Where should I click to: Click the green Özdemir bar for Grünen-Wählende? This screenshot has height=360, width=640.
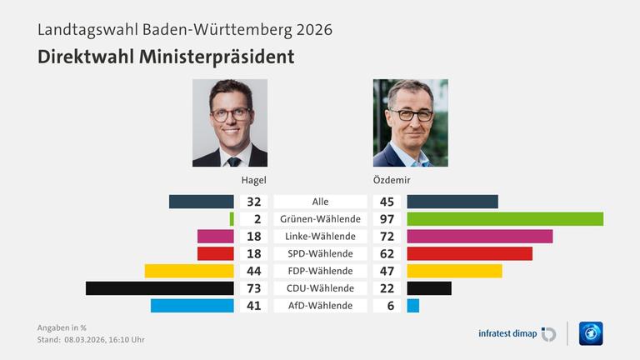pyautogui.click(x=505, y=219)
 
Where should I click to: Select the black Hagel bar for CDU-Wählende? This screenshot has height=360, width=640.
pyautogui.click(x=159, y=288)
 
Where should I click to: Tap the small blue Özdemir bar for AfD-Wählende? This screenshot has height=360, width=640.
pyautogui.click(x=412, y=306)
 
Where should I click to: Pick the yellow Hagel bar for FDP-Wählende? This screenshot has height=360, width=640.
pyautogui.click(x=189, y=271)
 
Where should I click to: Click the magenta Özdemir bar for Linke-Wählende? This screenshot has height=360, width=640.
pyautogui.click(x=479, y=237)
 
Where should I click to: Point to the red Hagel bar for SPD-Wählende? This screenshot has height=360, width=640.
pyautogui.click(x=215, y=253)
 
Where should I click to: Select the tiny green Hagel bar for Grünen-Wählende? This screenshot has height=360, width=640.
pyautogui.click(x=232, y=219)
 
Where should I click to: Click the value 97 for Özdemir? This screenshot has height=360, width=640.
pyautogui.click(x=387, y=219)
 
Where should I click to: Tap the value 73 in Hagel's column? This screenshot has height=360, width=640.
pyautogui.click(x=254, y=288)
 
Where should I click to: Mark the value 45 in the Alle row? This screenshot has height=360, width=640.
pyautogui.click(x=387, y=202)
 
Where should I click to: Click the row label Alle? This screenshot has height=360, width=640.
pyautogui.click(x=320, y=202)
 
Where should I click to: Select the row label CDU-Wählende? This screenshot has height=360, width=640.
pyautogui.click(x=320, y=288)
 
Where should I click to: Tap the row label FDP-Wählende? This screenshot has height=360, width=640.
pyautogui.click(x=320, y=271)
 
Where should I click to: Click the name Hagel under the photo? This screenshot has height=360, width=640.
pyautogui.click(x=254, y=180)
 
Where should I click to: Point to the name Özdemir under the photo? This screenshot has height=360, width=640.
pyautogui.click(x=392, y=180)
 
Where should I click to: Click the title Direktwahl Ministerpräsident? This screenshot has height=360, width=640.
pyautogui.click(x=166, y=57)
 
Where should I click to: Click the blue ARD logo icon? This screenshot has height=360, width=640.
pyautogui.click(x=591, y=333)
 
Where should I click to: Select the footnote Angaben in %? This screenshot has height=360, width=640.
pyautogui.click(x=62, y=327)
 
